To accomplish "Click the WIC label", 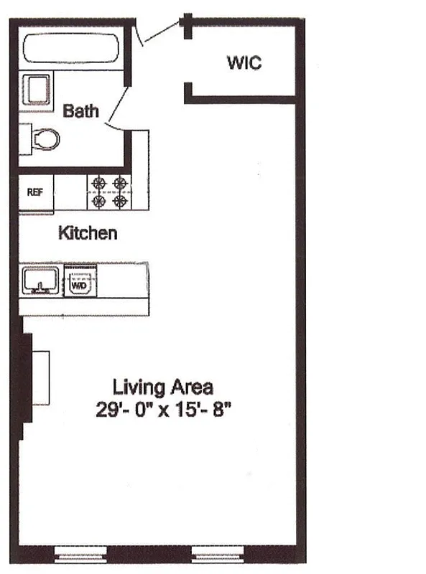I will point(244,62).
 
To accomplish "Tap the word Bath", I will point(80,111).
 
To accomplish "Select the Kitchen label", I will point(88,233).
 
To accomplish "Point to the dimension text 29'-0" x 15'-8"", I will point(162,410).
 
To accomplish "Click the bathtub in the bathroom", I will point(72,50).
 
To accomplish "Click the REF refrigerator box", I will point(35,192).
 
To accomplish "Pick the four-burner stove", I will point(109,192).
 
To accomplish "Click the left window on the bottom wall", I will point(81,553).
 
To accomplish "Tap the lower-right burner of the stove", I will point(119,202).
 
